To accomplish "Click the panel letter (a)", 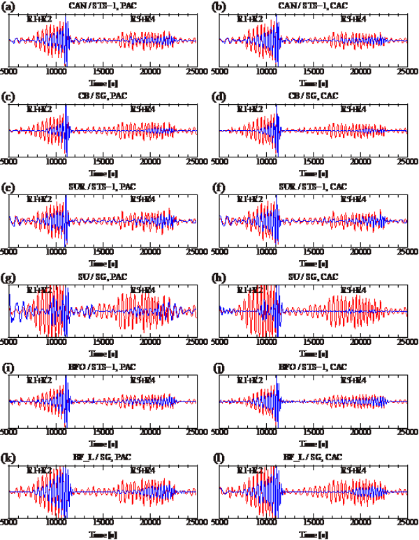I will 8,6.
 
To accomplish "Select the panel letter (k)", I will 8,457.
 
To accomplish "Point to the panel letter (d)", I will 219,97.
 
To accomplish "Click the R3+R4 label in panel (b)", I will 353,18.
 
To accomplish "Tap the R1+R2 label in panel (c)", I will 39,108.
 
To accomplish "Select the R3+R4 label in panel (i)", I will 143,379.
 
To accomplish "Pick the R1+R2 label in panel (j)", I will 250,379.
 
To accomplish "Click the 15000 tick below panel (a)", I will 103,71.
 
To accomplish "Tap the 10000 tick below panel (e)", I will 55,252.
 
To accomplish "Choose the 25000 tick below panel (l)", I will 407,523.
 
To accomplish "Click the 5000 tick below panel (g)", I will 8,342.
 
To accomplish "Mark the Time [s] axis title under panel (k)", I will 103,534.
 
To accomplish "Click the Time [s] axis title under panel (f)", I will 314,264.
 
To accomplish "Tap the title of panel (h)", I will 314,277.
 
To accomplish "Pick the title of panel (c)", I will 103,97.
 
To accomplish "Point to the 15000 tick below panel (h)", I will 314,342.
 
